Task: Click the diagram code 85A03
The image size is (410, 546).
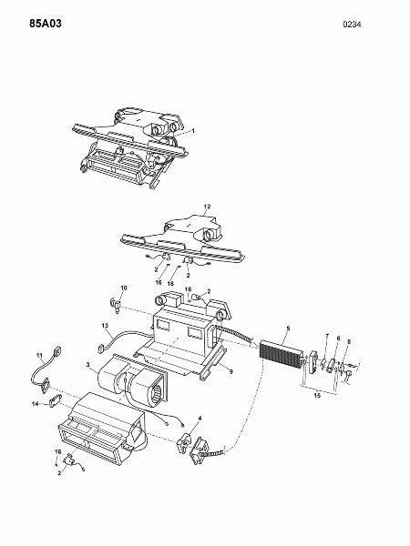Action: (46, 24)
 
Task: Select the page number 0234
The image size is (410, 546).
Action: (352, 25)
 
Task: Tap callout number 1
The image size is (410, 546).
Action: (193, 131)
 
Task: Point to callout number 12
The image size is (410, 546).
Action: (207, 207)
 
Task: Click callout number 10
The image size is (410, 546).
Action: (124, 288)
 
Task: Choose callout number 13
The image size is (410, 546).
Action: (106, 326)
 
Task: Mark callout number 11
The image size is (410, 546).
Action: (39, 355)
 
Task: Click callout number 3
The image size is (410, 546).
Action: (88, 365)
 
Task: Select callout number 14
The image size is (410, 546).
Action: (36, 404)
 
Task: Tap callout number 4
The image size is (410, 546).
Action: (200, 418)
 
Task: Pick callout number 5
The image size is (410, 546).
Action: (288, 329)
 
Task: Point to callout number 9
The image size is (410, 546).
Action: (231, 372)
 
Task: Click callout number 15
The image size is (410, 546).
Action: (317, 396)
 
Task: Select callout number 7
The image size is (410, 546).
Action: (327, 336)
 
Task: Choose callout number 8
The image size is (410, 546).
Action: (349, 341)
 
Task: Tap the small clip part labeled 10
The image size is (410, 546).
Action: (116, 305)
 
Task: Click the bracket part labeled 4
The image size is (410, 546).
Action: (184, 443)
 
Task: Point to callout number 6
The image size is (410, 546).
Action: (338, 339)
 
